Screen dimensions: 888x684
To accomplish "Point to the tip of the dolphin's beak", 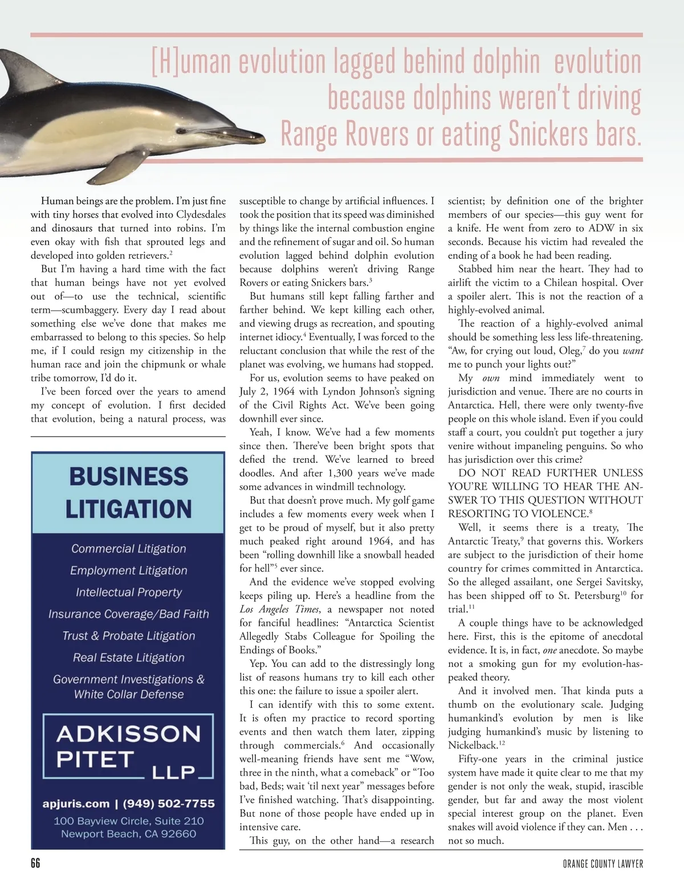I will point(263,136).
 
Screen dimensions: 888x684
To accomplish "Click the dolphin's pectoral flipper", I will point(128,165).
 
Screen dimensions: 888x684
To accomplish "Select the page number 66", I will point(35,863).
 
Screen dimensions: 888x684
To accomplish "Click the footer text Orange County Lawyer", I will point(599,864).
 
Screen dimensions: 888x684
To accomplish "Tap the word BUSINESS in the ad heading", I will point(129,476).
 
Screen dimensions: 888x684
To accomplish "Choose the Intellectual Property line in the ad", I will point(129,592).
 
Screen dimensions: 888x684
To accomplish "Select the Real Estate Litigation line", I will point(129,658).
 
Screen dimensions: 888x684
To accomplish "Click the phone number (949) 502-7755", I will point(169,804).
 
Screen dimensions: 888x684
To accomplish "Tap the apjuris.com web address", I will point(76,804).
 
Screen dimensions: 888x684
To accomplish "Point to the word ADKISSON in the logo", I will point(129,734).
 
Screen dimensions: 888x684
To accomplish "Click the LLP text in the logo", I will point(174,772).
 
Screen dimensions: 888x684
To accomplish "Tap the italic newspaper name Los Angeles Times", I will point(279,609).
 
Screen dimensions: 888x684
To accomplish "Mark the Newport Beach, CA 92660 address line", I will point(129,834).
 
